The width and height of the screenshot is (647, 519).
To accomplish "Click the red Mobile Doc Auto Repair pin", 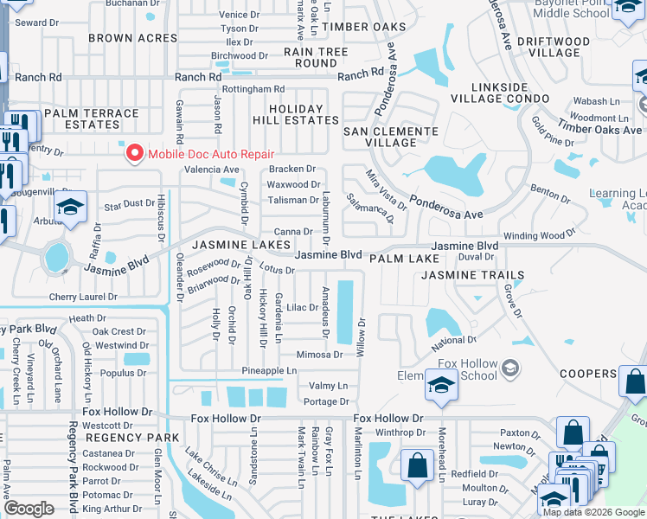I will (134, 154).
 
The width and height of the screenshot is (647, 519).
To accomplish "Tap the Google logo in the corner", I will (29, 509).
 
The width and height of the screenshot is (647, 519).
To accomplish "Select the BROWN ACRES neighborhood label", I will (122, 38).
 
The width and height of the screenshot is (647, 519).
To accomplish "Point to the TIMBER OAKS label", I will (363, 27).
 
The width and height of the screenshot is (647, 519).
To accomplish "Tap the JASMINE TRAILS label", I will (472, 275).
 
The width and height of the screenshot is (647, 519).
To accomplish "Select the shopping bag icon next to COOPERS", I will (634, 382).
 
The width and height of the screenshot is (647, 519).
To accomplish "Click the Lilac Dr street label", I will (303, 308).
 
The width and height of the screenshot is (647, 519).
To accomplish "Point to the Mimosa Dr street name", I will (319, 355).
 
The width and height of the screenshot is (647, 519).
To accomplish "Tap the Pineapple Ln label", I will (268, 370).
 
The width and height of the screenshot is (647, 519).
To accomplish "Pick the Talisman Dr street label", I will (292, 200).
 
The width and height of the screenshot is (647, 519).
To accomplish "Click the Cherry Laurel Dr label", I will (83, 297).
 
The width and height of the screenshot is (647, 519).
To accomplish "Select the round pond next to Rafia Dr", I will (57, 256).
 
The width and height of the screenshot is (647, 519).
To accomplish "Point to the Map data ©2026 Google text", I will (593, 512).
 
